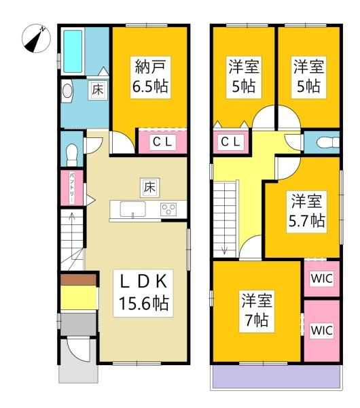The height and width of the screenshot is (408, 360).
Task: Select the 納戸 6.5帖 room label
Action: click(x=151, y=77)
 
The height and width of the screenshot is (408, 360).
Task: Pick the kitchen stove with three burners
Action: click(x=168, y=209)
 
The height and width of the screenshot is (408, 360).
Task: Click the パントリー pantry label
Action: click(x=71, y=187)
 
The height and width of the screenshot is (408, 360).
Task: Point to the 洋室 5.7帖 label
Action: click(x=307, y=211)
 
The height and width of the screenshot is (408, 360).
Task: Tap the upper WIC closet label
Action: click(x=321, y=277)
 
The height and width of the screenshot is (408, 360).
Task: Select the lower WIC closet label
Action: click(x=321, y=330)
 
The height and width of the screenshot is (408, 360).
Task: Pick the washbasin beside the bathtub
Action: click(x=68, y=90)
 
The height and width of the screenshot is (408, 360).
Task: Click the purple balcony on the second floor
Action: click(x=275, y=377)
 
